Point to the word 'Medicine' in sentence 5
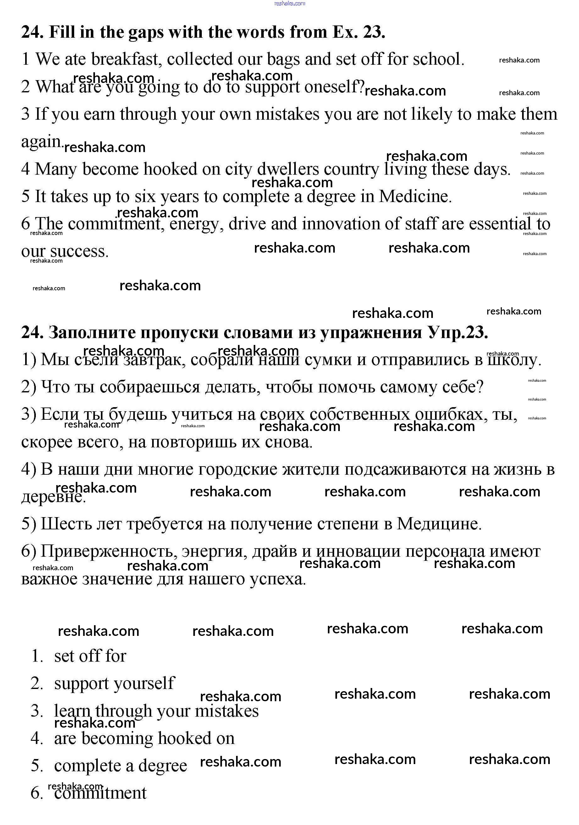pos(415,197)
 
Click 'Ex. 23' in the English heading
pos(358,32)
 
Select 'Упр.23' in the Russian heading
pos(458,332)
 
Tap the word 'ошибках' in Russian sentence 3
pos(448,415)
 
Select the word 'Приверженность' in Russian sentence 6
pos(108,552)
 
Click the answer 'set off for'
pos(90,656)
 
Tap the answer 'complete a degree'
pos(120,766)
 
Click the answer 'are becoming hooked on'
pos(144,738)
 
